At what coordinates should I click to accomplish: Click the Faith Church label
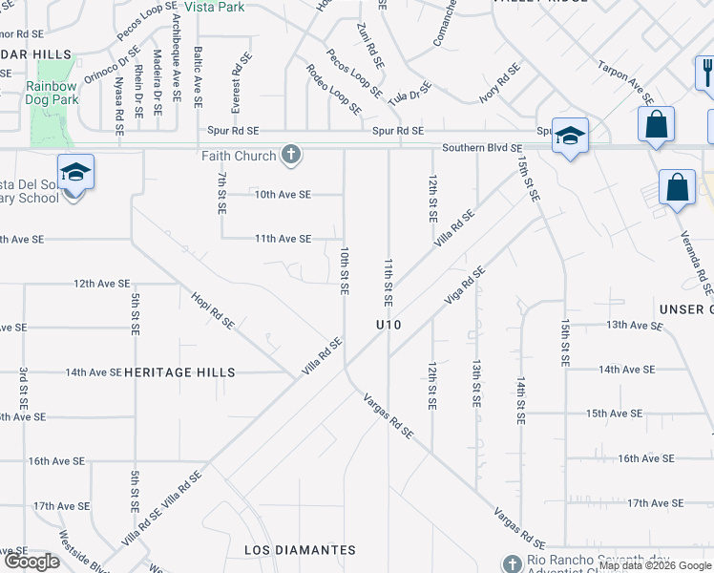coord(239,156)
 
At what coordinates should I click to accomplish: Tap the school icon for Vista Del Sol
coord(75,172)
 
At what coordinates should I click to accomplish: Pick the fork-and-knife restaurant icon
coord(706,71)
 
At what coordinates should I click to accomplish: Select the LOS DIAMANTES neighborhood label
coord(300,550)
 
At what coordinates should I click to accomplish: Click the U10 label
coord(388,325)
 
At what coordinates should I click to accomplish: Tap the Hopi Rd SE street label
coord(213,310)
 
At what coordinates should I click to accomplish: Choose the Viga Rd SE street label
coord(465,286)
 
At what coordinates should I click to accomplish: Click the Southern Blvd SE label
coord(482,148)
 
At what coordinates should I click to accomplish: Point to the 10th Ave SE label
coord(283,194)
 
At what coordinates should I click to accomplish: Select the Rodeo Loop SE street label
coord(333,89)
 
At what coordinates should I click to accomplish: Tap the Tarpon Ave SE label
coord(625,83)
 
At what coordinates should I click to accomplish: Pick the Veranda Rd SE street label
coord(693,262)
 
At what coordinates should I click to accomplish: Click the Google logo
coord(31,562)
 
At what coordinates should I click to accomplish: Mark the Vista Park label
coord(215,7)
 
